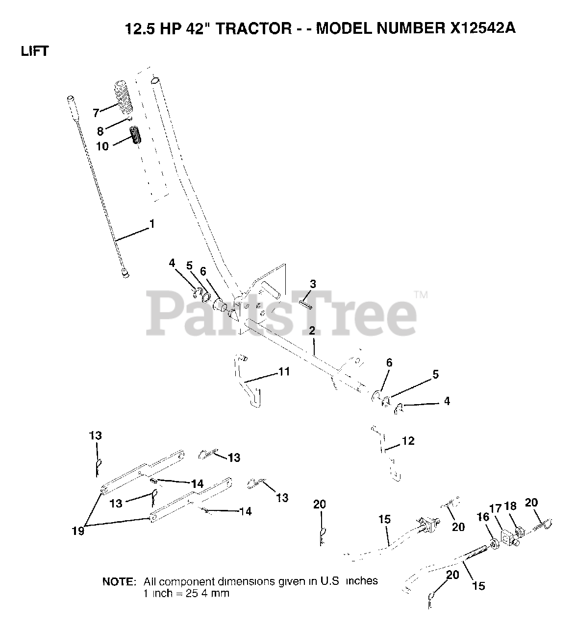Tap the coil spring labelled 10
coord(136,135)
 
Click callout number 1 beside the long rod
coord(152,224)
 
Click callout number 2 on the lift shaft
coord(312,331)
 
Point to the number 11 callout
coord(284,372)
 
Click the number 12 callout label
coord(408,441)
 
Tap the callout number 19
coord(78,530)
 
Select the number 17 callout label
coord(496,509)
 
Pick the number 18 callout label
coord(510,506)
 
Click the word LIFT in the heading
coord(34,51)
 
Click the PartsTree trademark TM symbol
coord(421,295)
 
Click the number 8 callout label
coord(100,131)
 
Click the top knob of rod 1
coord(70,99)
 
